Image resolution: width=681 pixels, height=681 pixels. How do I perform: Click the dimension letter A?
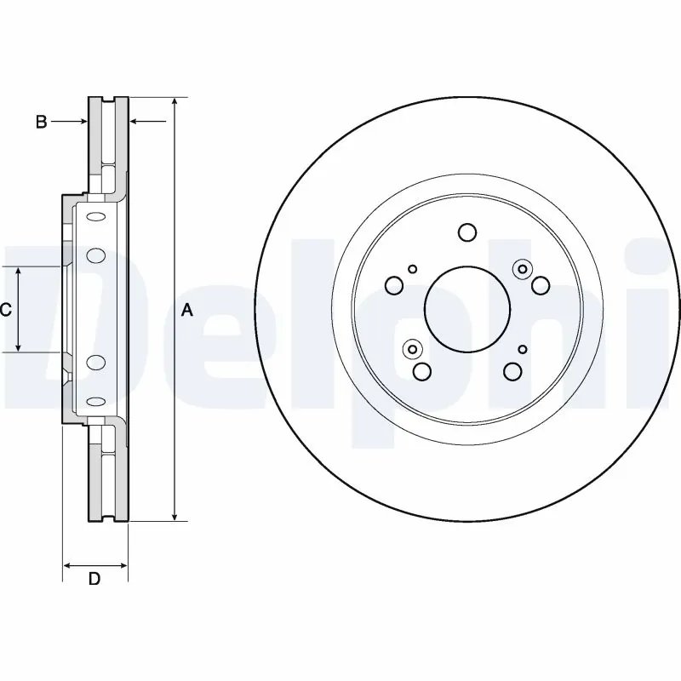click(x=189, y=312)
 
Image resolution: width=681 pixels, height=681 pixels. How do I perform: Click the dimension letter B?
click(x=41, y=123)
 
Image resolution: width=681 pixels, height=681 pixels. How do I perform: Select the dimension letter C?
click(x=6, y=310)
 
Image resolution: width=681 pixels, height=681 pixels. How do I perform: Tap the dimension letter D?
click(x=95, y=580)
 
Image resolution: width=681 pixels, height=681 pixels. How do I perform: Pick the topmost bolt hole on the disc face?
click(x=466, y=232)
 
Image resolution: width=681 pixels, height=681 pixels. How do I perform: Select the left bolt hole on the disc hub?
click(x=395, y=285)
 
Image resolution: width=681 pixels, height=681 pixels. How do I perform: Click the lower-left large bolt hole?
click(x=421, y=371)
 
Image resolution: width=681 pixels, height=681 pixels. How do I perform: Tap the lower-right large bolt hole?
click(x=512, y=370)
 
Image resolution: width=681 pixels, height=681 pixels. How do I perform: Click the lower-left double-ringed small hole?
click(x=413, y=348)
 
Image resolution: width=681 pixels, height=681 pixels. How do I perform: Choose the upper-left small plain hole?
click(x=413, y=269)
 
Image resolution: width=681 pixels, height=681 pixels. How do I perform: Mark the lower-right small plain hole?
click(x=523, y=348)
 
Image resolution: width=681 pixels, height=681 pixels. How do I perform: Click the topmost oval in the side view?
click(x=96, y=216)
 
